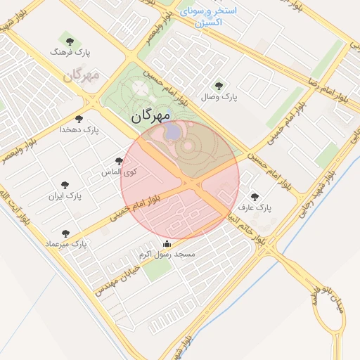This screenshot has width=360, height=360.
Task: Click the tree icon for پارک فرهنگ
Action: pyautogui.click(x=69, y=41)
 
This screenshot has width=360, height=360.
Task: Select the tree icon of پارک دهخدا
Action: pyautogui.click(x=79, y=119)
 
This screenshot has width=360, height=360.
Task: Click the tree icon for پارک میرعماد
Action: pyautogui.click(x=65, y=233)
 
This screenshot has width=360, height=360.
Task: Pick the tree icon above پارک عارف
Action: pyautogui.click(x=254, y=196)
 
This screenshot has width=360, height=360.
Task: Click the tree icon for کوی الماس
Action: pyautogui.click(x=119, y=161)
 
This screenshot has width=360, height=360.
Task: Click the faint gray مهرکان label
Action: pyautogui.click(x=82, y=75)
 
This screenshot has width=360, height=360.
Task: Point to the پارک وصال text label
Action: pyautogui.click(x=220, y=97)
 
